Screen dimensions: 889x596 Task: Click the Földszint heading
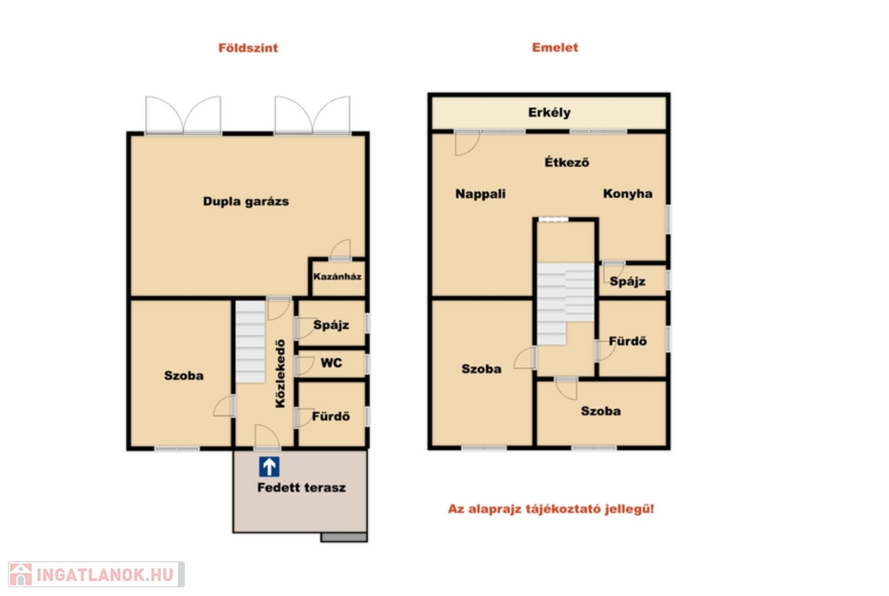[247, 49]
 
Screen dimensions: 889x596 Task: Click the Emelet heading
[555, 48]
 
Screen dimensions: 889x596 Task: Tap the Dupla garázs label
[246, 201]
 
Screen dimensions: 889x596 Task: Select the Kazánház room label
[337, 277]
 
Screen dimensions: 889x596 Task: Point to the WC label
[331, 363]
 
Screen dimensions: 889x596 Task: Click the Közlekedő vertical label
[280, 373]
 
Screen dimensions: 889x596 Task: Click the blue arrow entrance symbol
[269, 467]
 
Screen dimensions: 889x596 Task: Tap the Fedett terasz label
[301, 488]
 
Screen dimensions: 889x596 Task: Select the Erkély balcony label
[549, 113]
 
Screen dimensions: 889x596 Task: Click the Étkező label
[566, 162]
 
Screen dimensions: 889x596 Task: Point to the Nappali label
[480, 193]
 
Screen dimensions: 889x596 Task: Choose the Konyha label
[627, 193]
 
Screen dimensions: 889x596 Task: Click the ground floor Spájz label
[331, 325]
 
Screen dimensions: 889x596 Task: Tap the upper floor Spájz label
[627, 282]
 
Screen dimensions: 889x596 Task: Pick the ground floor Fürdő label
[331, 416]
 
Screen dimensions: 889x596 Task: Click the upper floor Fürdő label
[628, 341]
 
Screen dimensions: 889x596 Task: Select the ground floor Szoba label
[184, 376]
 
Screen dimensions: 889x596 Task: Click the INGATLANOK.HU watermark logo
[96, 574]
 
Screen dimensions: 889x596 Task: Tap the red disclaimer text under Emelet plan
[550, 508]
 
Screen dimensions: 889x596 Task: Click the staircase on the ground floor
[251, 342]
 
